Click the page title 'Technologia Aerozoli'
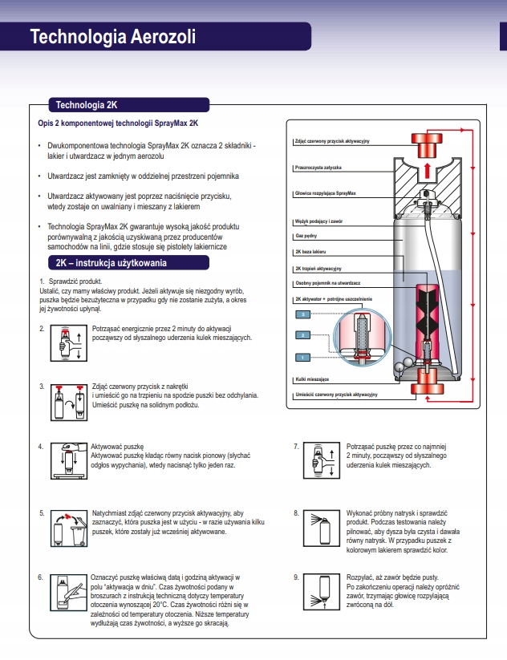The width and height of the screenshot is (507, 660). click(x=112, y=37)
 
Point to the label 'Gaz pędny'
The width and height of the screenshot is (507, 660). click(x=306, y=237)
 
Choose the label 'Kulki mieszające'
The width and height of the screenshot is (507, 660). click(x=312, y=379)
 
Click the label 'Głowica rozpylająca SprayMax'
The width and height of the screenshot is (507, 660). click(x=325, y=194)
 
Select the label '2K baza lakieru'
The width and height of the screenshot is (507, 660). click(x=312, y=252)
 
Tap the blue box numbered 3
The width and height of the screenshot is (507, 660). click(x=303, y=314)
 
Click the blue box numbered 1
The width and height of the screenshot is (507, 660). click(x=303, y=356)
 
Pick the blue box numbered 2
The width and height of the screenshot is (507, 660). click(x=303, y=335)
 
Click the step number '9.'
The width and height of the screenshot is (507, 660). click(x=297, y=577)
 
